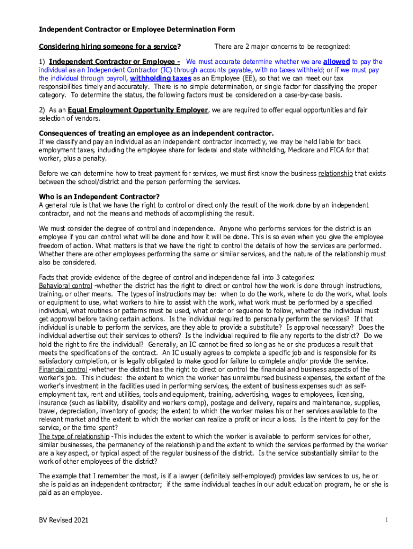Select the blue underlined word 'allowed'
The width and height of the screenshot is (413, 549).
point(336,62)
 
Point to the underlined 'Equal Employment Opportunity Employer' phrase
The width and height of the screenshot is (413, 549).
point(138,110)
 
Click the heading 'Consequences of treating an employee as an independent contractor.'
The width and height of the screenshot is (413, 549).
point(156,133)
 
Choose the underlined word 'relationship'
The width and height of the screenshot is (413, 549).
point(335,174)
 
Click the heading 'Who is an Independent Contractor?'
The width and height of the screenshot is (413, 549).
point(99,196)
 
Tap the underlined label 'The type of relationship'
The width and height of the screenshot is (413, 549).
point(74,436)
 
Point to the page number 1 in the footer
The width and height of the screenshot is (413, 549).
point(386,520)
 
